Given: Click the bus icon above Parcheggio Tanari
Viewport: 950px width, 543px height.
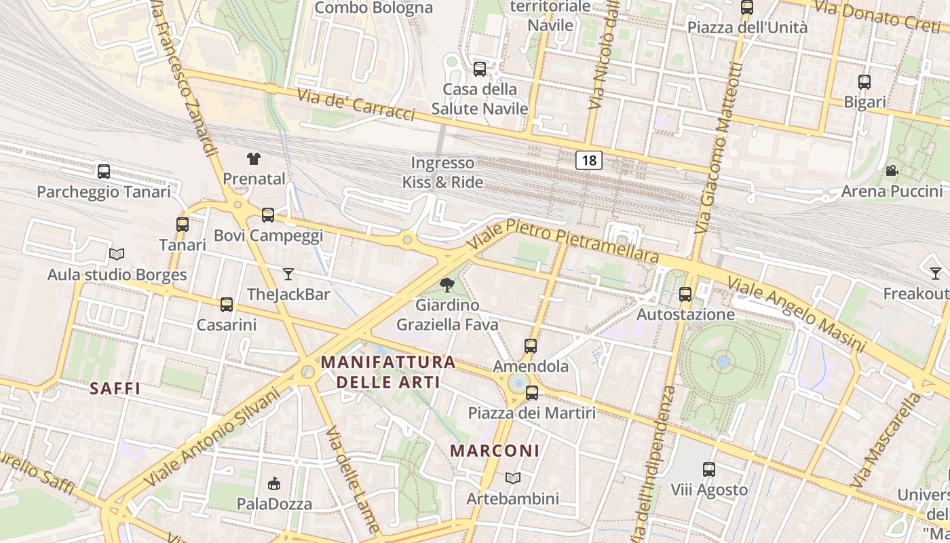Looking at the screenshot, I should click(x=104, y=172).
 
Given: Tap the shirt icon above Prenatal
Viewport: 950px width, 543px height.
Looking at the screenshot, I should click(x=254, y=159).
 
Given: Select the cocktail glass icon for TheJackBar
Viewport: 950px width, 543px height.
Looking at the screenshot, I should click(x=288, y=274).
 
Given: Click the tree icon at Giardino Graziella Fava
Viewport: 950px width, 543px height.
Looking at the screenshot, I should click(x=446, y=285).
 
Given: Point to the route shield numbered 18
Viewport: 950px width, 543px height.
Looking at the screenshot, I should click(x=589, y=160).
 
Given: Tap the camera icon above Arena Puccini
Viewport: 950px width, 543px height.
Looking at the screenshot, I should click(x=892, y=171).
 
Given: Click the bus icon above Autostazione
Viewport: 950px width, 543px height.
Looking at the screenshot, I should click(x=685, y=295).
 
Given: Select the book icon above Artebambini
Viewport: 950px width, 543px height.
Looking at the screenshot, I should click(x=513, y=479).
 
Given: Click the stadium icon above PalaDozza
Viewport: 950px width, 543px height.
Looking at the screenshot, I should click(x=274, y=483).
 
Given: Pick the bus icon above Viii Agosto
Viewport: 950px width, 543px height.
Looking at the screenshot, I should click(x=709, y=469).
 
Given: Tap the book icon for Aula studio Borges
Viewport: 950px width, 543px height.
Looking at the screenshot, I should click(x=117, y=255).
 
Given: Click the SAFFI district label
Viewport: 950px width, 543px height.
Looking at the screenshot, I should click(x=115, y=389).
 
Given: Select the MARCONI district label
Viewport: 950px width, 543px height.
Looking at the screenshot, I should click(x=495, y=451).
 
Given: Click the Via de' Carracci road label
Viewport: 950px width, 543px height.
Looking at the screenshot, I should click(x=356, y=104).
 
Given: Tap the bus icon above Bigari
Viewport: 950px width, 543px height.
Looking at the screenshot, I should click(x=864, y=82).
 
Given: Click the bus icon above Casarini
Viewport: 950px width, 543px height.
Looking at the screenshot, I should click(x=227, y=305).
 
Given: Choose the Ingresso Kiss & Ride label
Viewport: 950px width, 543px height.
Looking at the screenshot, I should click(x=442, y=172).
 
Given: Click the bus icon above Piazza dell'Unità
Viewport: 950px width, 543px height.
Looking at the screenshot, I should click(x=747, y=7).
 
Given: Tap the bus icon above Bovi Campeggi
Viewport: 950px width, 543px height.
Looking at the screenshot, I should click(x=268, y=215).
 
